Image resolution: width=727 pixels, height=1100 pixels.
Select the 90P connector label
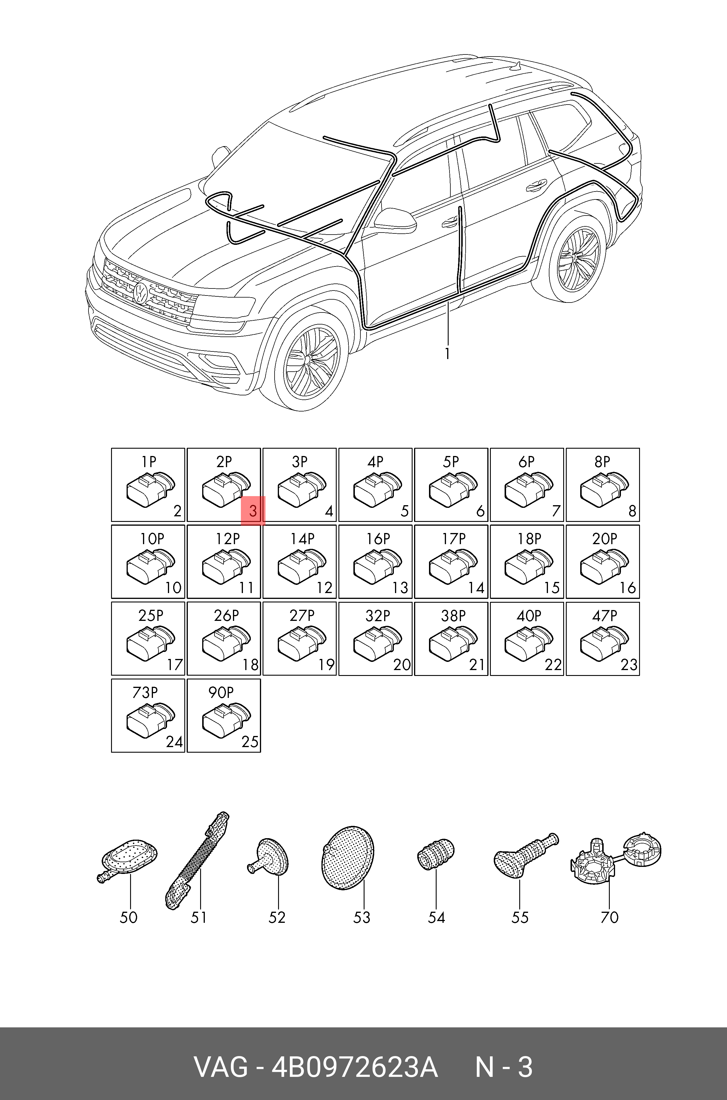click(221, 693)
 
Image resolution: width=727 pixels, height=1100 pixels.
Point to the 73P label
click(145, 693)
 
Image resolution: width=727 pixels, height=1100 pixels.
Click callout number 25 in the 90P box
click(250, 742)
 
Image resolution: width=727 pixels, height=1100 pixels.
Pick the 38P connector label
click(453, 616)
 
